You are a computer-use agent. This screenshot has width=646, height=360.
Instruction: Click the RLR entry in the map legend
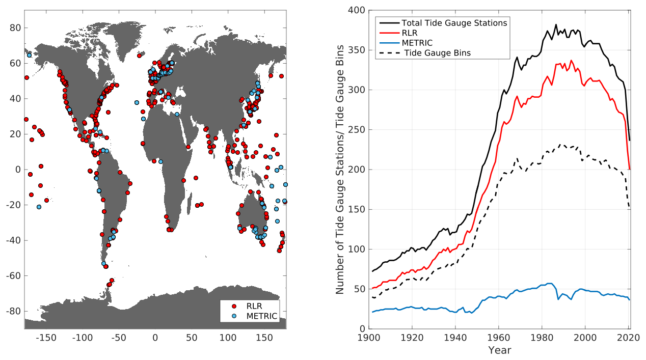pyautogui.click(x=254, y=306)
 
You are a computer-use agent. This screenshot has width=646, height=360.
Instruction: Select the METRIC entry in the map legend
pyautogui.click(x=261, y=316)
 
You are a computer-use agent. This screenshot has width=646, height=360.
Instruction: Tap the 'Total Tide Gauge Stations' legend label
pyautogui.click(x=454, y=23)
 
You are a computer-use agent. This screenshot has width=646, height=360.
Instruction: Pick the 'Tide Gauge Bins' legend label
pyautogui.click(x=438, y=53)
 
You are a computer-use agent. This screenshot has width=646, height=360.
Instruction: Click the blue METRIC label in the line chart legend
pyautogui.click(x=417, y=43)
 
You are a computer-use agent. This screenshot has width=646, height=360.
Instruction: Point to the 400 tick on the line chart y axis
pyautogui.click(x=357, y=10)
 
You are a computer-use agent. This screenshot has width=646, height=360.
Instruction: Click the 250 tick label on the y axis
pyautogui.click(x=357, y=130)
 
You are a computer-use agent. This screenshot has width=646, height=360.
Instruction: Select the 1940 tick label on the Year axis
pyautogui.click(x=455, y=338)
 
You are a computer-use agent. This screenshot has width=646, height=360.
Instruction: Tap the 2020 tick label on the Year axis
pyautogui.click(x=628, y=338)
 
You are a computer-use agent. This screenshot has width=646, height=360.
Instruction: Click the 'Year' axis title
pyautogui.click(x=499, y=350)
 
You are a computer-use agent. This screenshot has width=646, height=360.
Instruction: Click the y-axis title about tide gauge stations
pyautogui.click(x=340, y=170)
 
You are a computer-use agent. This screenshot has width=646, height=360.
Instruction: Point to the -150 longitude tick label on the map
pyautogui.click(x=46, y=338)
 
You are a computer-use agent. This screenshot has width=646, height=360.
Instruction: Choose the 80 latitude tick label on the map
pyautogui.click(x=15, y=28)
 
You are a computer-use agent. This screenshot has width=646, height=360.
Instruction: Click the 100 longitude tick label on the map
pyautogui.click(x=228, y=338)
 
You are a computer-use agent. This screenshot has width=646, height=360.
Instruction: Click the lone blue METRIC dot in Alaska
pyautogui.click(x=29, y=55)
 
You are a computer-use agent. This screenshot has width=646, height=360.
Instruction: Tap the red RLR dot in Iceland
pyautogui.click(x=139, y=56)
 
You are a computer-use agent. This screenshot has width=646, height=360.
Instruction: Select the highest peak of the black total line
pyautogui.click(x=556, y=25)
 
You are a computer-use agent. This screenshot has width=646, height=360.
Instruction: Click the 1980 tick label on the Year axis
pyautogui.click(x=542, y=338)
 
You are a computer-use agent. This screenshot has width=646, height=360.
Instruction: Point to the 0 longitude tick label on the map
pyautogui.click(x=155, y=338)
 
